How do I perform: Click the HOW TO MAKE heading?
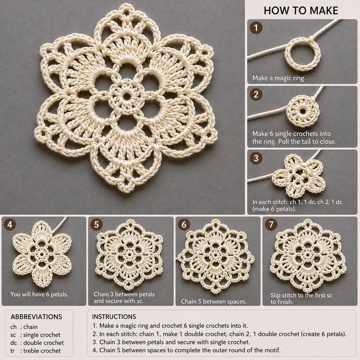pos(301,11)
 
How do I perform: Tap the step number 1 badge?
pos(256,28)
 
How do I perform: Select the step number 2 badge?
pos(256,94)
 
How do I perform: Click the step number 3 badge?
pos(256,158)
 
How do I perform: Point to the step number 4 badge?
pos(10,225)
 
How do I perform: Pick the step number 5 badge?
pos(96,225)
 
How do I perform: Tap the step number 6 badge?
pos(184,225)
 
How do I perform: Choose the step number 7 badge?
pos(271,225)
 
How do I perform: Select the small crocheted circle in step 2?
pos(303,112)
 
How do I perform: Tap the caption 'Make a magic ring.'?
pos(279,78)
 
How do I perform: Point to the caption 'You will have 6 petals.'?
pos(39,294)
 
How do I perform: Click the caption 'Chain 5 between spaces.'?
pos(214,301)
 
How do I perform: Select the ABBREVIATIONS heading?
pos(36,317)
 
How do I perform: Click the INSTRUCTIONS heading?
pos(114,317)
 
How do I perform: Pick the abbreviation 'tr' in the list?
pos(12,351)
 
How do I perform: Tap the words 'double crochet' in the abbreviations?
pos(44,343)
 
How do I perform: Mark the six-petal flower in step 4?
pos(42,254)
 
